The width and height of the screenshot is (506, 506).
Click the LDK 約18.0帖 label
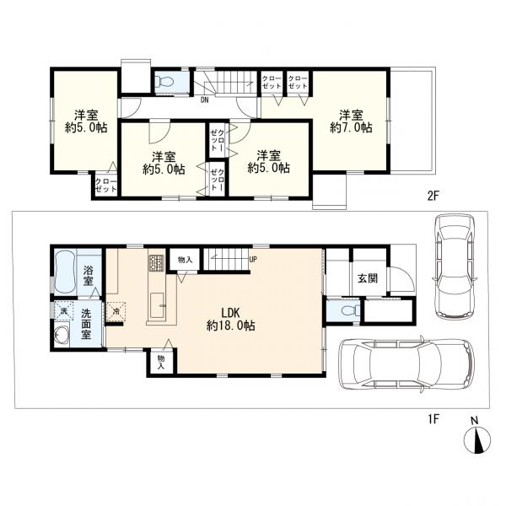click(231, 319)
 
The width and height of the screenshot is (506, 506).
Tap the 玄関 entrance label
click(368, 277)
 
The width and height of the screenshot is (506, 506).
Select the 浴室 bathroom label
click(88, 276)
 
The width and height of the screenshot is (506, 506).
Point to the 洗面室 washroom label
click(86, 323)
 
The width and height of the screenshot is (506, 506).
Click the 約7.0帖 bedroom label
click(351, 121)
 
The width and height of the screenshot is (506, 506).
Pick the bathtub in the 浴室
click(65, 273)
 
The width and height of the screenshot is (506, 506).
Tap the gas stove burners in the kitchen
click(157, 262)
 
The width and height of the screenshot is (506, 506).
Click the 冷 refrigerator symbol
click(116, 311)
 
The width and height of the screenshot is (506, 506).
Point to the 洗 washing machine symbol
click(64, 310)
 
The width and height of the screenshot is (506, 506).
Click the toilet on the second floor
click(163, 81)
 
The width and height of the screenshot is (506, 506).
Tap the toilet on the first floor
click(350, 310)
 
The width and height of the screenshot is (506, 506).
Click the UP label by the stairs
click(253, 259)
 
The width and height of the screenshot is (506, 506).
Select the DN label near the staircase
click(205, 100)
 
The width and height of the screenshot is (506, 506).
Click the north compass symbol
click(477, 439)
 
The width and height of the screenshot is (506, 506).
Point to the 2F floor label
click(433, 196)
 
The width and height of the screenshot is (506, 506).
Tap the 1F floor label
click(433, 419)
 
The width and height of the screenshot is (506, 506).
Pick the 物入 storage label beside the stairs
click(185, 260)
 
